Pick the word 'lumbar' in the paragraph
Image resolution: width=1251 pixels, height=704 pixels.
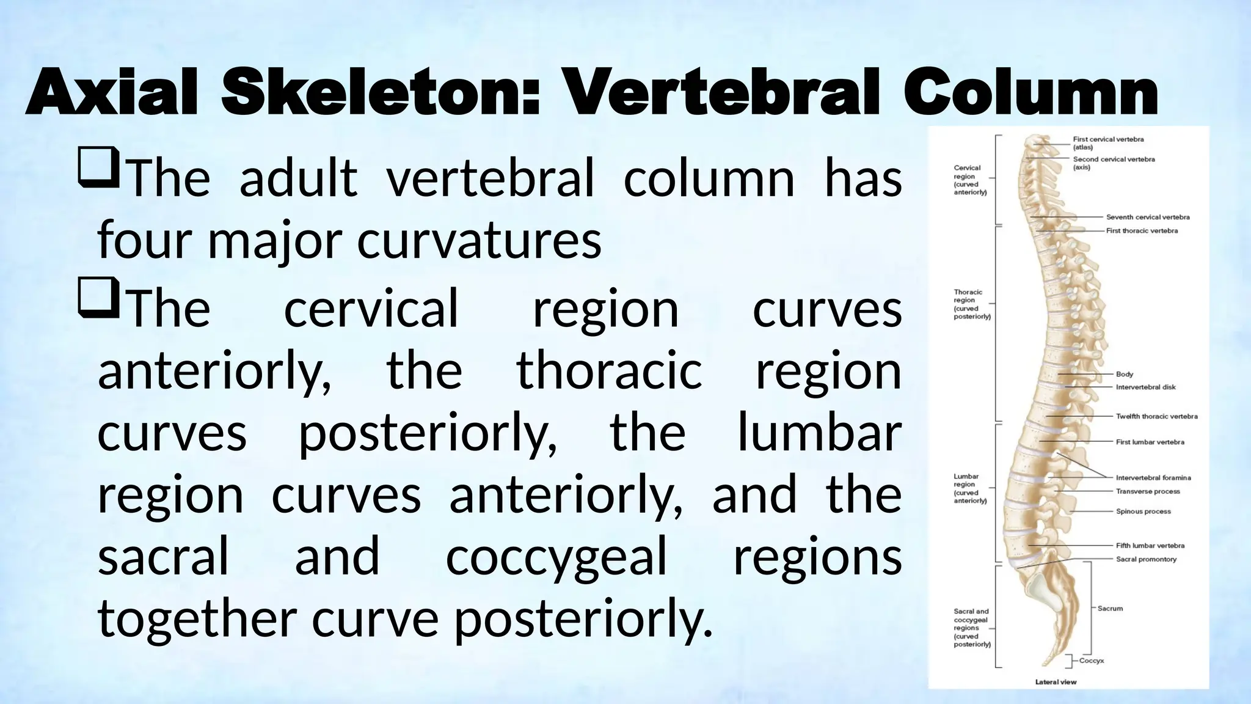[819, 433]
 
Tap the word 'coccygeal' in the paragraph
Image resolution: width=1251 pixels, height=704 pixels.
[556, 557]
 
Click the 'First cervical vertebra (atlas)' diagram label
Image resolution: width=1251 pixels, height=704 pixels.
[1108, 143]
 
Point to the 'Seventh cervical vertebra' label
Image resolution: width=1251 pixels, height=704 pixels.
[1148, 217]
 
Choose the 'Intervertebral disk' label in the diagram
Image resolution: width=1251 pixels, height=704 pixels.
[1145, 387]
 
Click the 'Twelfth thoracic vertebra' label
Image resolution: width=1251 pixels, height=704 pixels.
[1156, 416]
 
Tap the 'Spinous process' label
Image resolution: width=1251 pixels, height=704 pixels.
[1143, 512]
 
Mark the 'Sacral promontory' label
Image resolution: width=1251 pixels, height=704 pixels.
[1146, 559]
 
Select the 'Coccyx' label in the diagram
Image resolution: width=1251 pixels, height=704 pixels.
[1092, 661]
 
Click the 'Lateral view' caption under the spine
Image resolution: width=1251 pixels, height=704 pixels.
[1056, 682]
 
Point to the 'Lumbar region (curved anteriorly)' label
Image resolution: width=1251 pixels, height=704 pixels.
[970, 488]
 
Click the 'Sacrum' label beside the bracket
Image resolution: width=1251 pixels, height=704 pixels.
[1110, 609]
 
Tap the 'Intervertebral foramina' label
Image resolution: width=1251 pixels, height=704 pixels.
[1153, 478]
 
